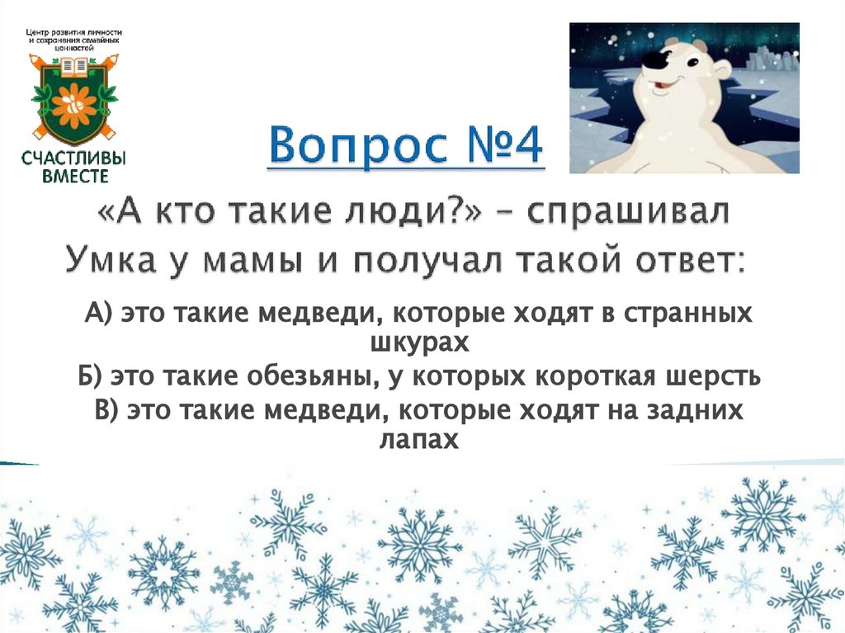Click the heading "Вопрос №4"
[406, 147]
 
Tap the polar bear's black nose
[656, 60]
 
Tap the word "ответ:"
[691, 262]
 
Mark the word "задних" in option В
[692, 410]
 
